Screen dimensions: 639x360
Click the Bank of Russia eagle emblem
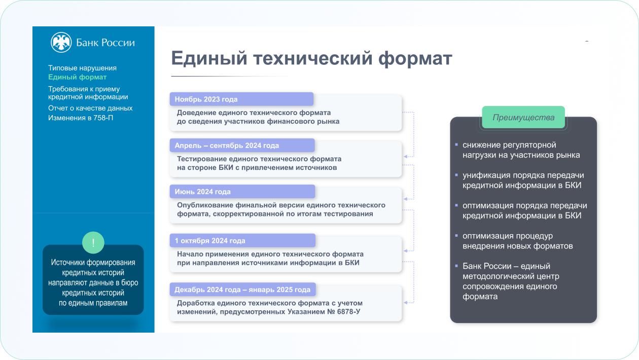(x=61, y=42)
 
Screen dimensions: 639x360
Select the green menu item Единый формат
(x=77, y=77)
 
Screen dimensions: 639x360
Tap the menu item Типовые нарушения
(x=82, y=68)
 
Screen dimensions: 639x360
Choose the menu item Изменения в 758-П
(x=81, y=118)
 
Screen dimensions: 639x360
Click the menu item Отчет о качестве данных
(x=90, y=108)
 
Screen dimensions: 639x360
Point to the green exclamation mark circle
(x=93, y=242)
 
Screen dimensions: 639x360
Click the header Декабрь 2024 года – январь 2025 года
(x=242, y=290)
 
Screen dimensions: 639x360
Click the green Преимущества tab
(x=523, y=117)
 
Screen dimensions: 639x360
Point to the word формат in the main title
(x=415, y=59)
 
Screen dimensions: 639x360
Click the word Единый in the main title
(x=209, y=58)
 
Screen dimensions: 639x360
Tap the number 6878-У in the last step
(x=348, y=311)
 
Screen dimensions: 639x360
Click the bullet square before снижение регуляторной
(x=456, y=145)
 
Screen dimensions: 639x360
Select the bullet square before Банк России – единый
(x=456, y=266)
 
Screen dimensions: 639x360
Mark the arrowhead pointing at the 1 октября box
(x=405, y=251)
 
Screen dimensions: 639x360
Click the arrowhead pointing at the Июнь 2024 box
(x=405, y=199)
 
